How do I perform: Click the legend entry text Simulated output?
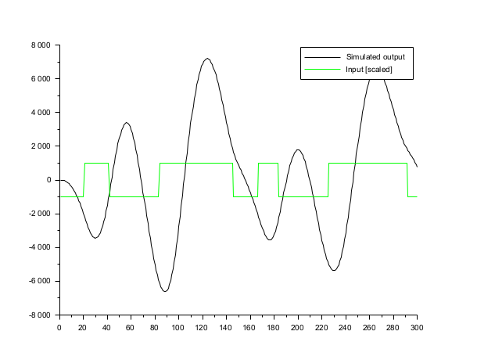point(370,57)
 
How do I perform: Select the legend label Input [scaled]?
point(364,70)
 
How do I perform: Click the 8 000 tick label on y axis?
point(40,45)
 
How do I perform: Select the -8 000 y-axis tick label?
point(38,315)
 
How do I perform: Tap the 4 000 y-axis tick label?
point(40,113)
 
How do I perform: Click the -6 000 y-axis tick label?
point(38,281)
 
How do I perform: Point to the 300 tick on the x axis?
point(417,327)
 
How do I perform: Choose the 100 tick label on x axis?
point(178,327)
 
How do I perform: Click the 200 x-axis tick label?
point(298,327)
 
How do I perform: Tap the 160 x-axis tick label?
point(250,327)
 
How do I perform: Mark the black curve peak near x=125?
point(207,59)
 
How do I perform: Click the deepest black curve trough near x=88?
point(164,291)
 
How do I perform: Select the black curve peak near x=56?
point(126,123)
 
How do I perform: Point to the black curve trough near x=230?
point(334,270)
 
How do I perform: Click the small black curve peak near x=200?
point(298,150)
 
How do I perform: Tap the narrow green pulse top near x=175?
point(268,164)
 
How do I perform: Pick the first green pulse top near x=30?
point(96,164)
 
